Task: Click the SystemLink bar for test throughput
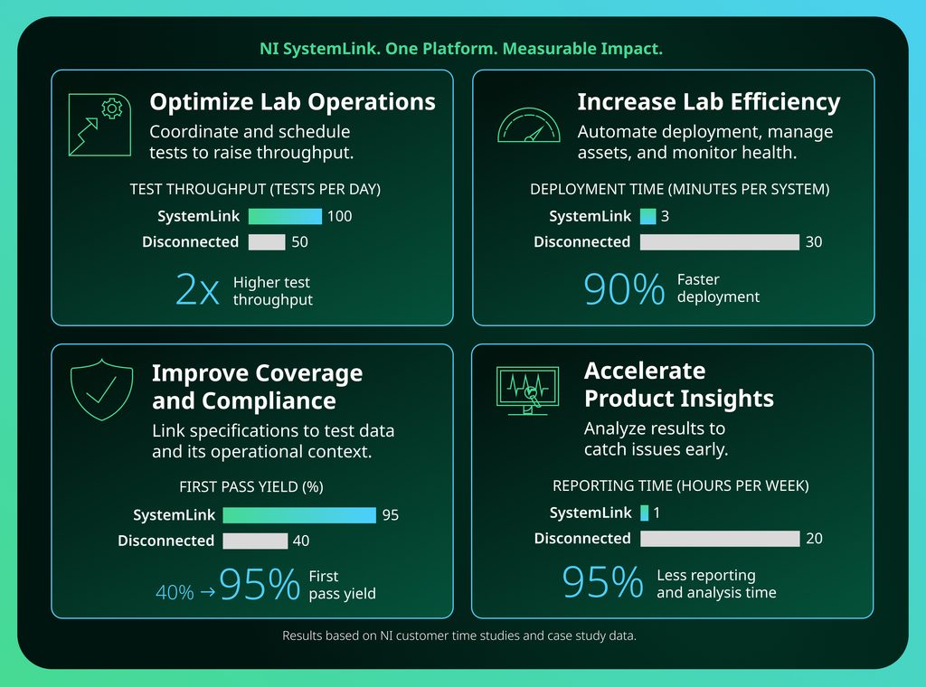click(285, 216)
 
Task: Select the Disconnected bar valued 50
click(267, 242)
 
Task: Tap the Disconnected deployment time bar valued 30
click(720, 242)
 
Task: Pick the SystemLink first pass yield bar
click(299, 515)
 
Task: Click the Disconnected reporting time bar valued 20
click(721, 538)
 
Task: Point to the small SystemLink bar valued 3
click(647, 216)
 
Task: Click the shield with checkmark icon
click(101, 390)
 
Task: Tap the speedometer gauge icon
click(528, 125)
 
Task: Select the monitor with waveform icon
click(527, 391)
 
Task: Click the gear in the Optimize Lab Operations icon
click(111, 108)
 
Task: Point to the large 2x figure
click(197, 289)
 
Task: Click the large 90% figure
click(624, 288)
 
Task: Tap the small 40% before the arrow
click(175, 592)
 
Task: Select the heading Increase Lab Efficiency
click(709, 101)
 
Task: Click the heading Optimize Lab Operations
click(292, 101)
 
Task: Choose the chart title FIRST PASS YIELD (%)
click(251, 486)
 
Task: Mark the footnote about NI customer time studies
click(459, 635)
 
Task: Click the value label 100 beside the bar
click(340, 216)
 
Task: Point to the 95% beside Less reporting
click(602, 582)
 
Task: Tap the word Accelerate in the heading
click(645, 371)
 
